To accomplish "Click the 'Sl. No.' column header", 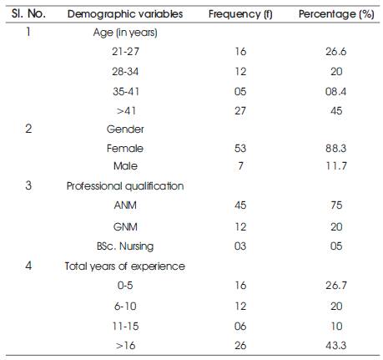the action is click(x=28, y=13).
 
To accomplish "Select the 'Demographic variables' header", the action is click(x=125, y=13).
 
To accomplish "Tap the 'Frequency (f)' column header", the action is click(x=240, y=13).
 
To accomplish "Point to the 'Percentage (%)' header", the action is click(x=336, y=13).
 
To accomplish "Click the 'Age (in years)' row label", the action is click(x=125, y=33).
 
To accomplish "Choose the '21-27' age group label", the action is click(x=125, y=52).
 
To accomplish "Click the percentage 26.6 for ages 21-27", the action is click(x=336, y=52).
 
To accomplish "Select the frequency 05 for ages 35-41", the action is click(x=240, y=91).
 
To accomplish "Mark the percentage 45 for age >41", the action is click(x=336, y=111).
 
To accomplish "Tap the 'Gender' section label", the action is click(x=125, y=129).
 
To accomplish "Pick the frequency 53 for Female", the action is click(x=240, y=148).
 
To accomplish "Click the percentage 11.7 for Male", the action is click(x=336, y=166).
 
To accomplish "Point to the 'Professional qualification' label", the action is click(x=125, y=185).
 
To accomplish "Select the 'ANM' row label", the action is click(x=125, y=205).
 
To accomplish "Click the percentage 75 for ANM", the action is click(x=336, y=205).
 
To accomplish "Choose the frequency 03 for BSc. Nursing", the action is click(x=240, y=246).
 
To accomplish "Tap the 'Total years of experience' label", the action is click(x=125, y=266).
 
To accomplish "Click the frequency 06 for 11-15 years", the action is click(x=240, y=326).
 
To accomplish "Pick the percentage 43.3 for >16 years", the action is click(x=336, y=346).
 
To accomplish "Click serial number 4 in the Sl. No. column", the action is click(x=28, y=266).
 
